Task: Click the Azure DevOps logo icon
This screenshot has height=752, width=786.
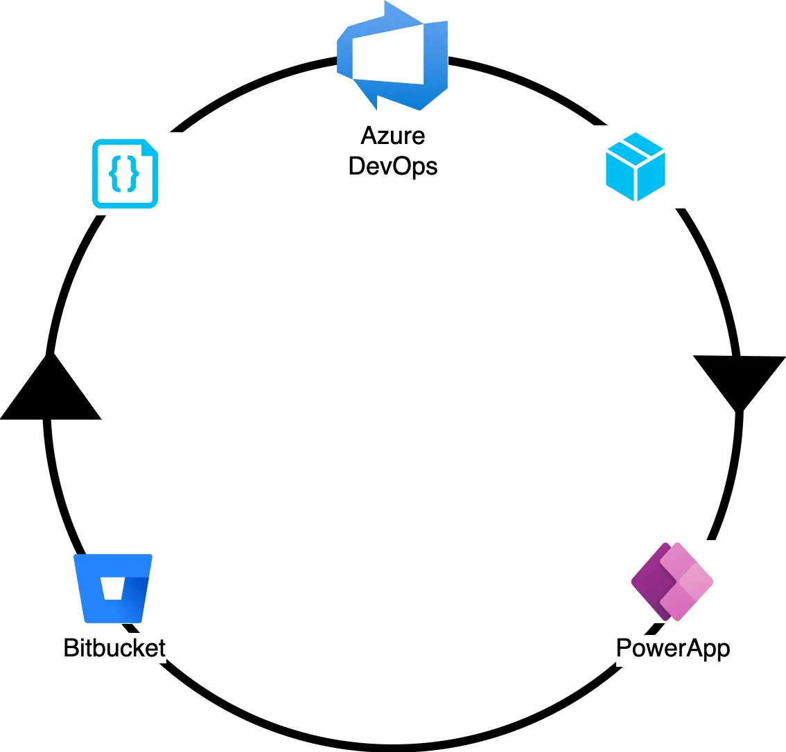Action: (393, 55)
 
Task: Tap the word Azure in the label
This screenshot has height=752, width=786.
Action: (393, 135)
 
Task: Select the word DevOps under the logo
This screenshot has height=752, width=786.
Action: (393, 166)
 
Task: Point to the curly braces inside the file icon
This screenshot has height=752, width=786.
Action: (124, 174)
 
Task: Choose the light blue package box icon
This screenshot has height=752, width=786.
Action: (636, 167)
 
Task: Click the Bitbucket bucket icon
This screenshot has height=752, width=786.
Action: (113, 588)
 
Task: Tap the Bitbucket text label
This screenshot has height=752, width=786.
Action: (114, 648)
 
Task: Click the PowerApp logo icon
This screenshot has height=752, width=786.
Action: (672, 581)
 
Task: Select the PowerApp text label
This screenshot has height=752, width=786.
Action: (673, 648)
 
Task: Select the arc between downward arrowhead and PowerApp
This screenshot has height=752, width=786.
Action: (731, 478)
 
